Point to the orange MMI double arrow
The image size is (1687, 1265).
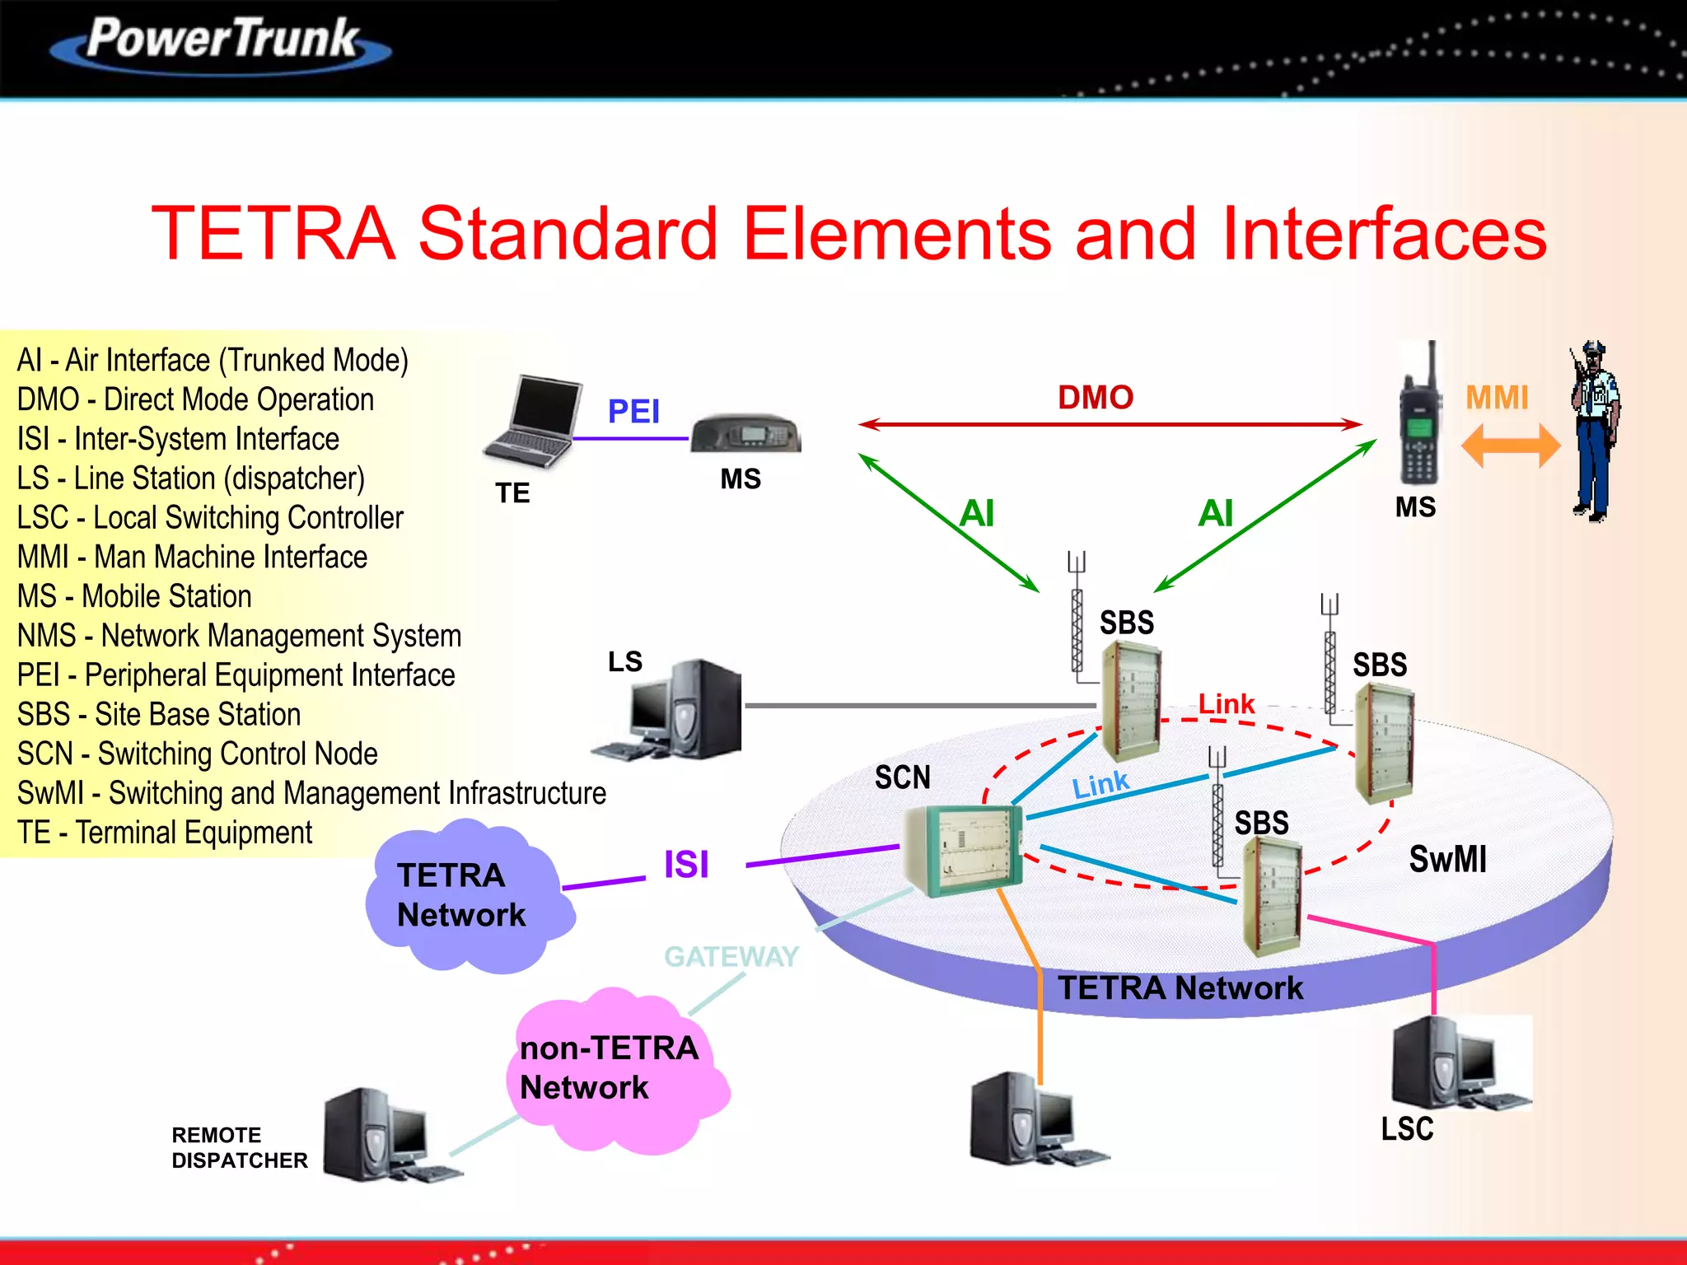(1510, 446)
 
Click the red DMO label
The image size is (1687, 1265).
(1095, 398)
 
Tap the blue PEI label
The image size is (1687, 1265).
(633, 411)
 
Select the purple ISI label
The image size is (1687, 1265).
(685, 865)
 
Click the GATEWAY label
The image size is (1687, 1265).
(731, 956)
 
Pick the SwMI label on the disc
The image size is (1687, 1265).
(1447, 859)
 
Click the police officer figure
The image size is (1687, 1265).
(1596, 432)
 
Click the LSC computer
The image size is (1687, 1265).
(1460, 1064)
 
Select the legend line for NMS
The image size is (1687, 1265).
(239, 636)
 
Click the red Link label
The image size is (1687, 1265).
(1226, 704)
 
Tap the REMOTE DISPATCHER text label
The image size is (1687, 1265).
(239, 1147)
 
